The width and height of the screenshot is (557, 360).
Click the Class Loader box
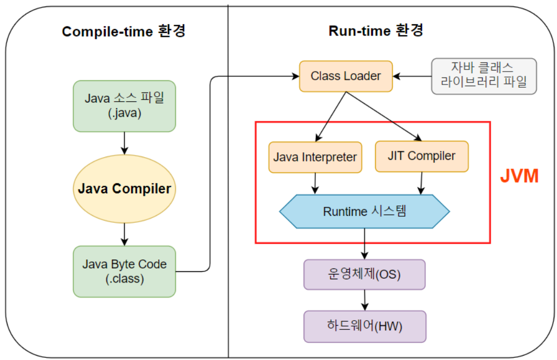346,76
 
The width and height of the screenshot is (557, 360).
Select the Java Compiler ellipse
124,189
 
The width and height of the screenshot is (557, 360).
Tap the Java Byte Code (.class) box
124,272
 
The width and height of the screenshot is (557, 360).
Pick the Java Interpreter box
315,157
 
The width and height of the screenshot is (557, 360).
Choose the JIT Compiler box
422,157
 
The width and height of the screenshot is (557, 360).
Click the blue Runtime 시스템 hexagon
364,211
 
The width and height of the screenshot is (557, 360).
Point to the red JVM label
519,176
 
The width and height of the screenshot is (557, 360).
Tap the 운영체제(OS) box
364,274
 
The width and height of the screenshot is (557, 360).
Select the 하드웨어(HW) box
365,326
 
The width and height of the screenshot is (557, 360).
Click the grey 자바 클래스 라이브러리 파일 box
484,76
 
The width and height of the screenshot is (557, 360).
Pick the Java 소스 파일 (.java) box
124,106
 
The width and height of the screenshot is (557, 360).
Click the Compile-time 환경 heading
124,31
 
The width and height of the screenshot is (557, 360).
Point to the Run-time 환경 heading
376,31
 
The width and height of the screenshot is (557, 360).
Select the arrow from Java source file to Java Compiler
124,144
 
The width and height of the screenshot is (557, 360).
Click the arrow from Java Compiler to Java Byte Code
124,235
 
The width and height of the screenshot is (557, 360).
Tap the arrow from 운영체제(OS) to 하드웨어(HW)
365,300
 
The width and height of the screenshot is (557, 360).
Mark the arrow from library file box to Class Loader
412,76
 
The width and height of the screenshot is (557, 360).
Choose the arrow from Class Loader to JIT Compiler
384,116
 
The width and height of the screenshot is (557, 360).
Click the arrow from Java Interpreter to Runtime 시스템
315,183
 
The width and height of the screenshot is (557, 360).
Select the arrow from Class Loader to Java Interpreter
330,117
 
